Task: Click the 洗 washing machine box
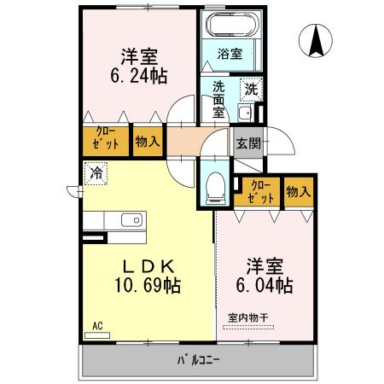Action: point(251,88)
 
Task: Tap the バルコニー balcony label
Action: point(198,359)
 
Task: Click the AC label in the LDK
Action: point(96,325)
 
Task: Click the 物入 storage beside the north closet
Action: point(147,142)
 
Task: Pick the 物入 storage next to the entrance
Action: point(298,191)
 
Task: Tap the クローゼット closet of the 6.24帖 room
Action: point(106,142)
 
